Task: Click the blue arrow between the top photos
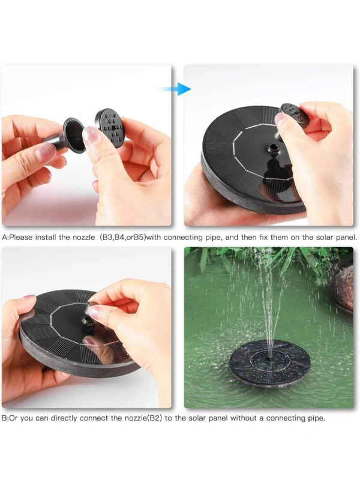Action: (176, 89)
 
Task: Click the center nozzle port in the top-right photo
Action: (272, 149)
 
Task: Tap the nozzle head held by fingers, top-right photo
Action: (295, 115)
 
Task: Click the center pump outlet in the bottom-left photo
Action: (87, 320)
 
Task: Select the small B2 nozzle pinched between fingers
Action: (92, 307)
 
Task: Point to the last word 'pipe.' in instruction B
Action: (316, 419)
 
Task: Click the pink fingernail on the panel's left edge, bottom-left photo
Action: (28, 296)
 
